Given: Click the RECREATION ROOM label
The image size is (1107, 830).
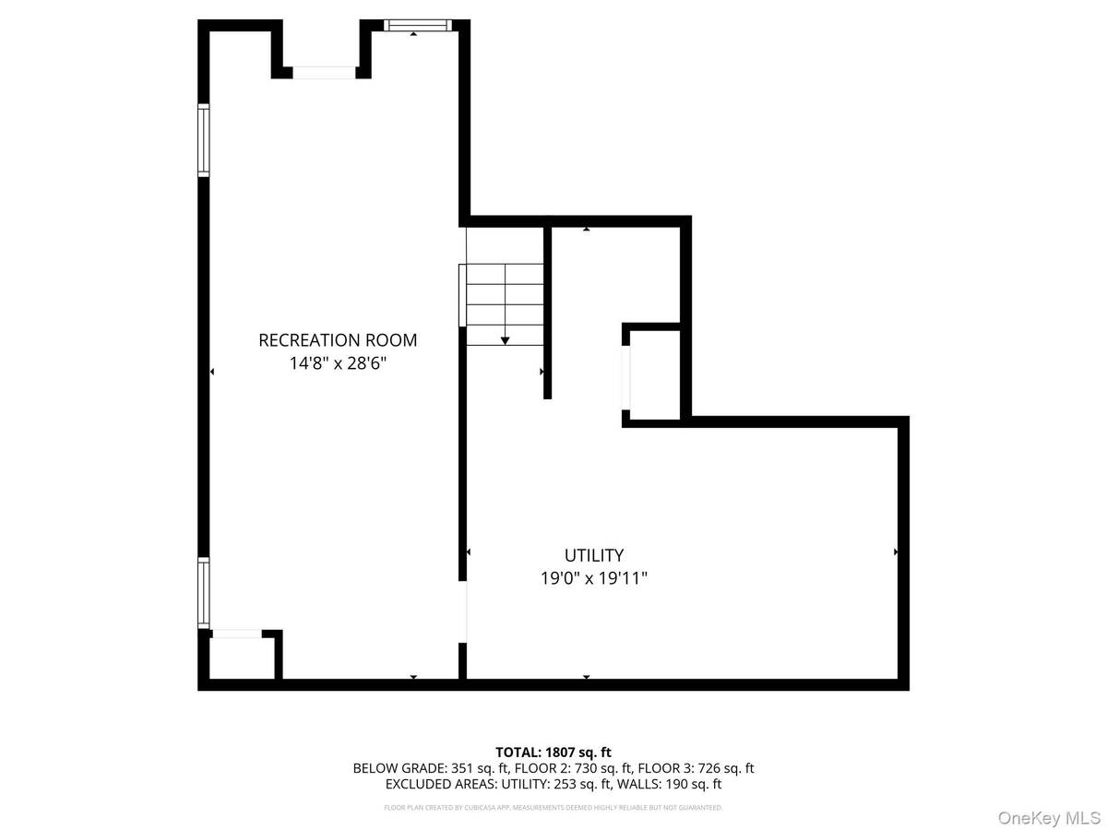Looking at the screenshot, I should click(x=338, y=340).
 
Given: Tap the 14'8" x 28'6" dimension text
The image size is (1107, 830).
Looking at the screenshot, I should click(x=338, y=364).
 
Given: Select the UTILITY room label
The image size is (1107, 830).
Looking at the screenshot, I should click(x=594, y=555).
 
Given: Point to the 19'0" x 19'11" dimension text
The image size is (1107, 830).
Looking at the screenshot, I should click(x=594, y=579).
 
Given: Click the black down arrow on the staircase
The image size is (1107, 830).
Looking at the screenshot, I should click(x=505, y=340).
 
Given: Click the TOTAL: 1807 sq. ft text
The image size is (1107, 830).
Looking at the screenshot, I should click(x=553, y=752).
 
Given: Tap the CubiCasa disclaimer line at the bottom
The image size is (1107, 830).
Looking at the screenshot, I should click(x=553, y=808).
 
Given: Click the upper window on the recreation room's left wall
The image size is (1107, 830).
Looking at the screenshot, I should click(x=204, y=139).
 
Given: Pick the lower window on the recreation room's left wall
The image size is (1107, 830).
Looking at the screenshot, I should click(x=204, y=593).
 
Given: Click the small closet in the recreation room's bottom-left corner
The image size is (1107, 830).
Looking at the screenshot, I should click(x=239, y=658).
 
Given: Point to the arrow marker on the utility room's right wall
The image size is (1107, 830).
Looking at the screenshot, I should click(x=896, y=552).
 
